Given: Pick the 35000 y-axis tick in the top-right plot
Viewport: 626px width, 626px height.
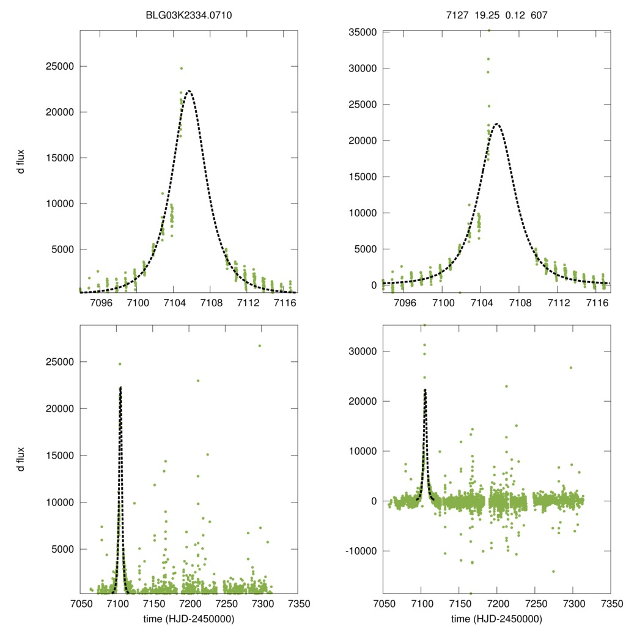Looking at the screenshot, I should [361, 32].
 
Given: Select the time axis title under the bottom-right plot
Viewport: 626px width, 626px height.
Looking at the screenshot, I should [496, 619].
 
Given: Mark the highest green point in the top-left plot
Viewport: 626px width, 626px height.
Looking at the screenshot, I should [182, 68].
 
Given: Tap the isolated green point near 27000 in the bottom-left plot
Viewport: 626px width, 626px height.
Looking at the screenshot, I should [260, 346].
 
